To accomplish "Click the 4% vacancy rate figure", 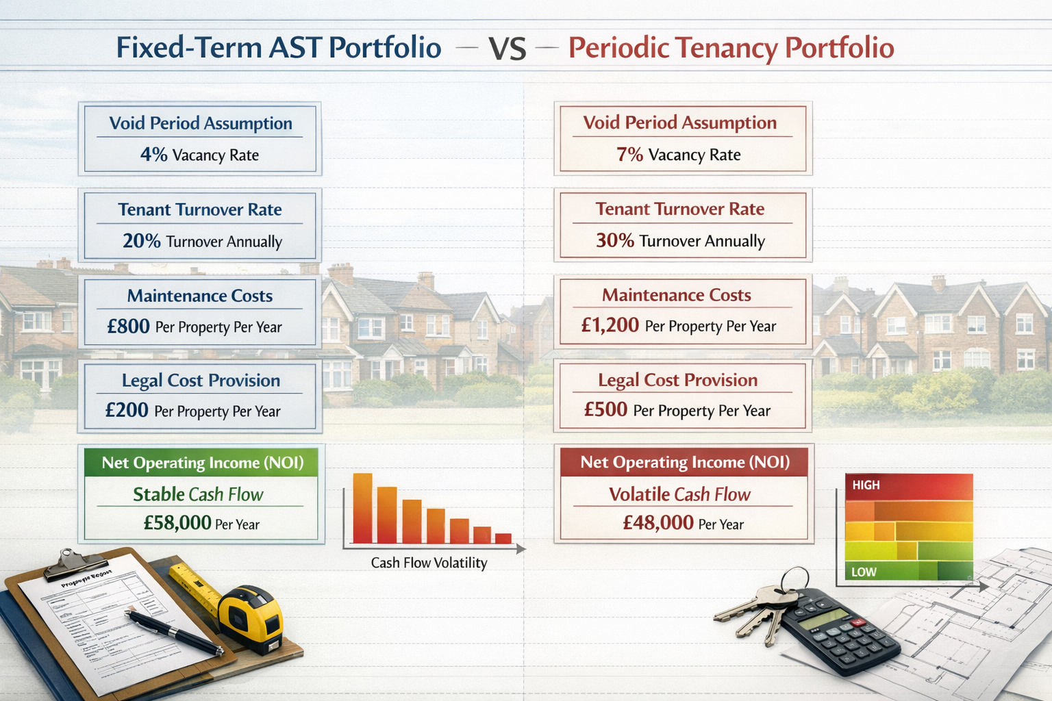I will [x=153, y=155].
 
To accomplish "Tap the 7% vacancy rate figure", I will [x=629, y=155].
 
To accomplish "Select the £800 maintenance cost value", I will [x=128, y=327].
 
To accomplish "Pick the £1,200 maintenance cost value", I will [x=610, y=325].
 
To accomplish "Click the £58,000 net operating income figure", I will [x=177, y=523].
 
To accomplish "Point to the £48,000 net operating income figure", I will [x=658, y=523].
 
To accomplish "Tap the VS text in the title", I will [x=507, y=49].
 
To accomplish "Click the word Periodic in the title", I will [x=618, y=48].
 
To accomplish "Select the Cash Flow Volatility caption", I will [x=429, y=563].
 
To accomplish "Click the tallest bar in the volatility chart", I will [x=362, y=508].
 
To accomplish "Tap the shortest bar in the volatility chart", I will [x=503, y=538].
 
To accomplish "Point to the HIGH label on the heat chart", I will [x=866, y=485].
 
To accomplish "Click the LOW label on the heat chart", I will [x=864, y=572].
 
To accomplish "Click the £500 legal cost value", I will [x=605, y=409].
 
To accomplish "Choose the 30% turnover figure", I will [x=614, y=240].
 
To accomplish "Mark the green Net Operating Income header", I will [x=202, y=463].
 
